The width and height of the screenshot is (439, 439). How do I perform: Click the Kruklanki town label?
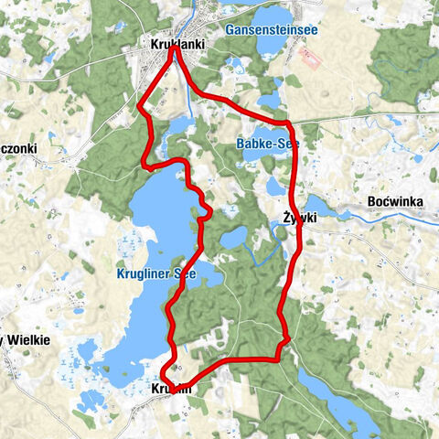177,43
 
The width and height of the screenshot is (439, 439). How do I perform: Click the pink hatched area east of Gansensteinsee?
311,59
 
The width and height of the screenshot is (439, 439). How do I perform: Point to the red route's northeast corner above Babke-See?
286,122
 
